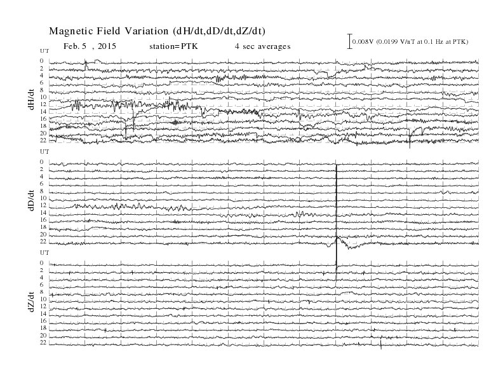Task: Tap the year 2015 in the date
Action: click(107, 46)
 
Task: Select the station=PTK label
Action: click(173, 46)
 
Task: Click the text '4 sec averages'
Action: click(262, 46)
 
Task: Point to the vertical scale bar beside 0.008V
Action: click(350, 41)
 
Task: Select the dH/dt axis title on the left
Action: click(31, 100)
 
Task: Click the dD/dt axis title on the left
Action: click(31, 200)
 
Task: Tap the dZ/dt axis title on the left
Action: click(31, 302)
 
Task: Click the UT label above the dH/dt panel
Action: click(44, 51)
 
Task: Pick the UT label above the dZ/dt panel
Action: click(44, 252)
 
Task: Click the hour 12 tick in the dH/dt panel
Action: click(43, 104)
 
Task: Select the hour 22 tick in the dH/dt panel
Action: click(43, 140)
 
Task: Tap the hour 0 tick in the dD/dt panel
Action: click(42, 161)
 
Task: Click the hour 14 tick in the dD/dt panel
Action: click(43, 212)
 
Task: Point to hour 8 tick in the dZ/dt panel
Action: click(42, 292)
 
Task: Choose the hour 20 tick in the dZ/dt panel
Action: click(43, 336)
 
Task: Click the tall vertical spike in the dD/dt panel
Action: click(336, 221)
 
